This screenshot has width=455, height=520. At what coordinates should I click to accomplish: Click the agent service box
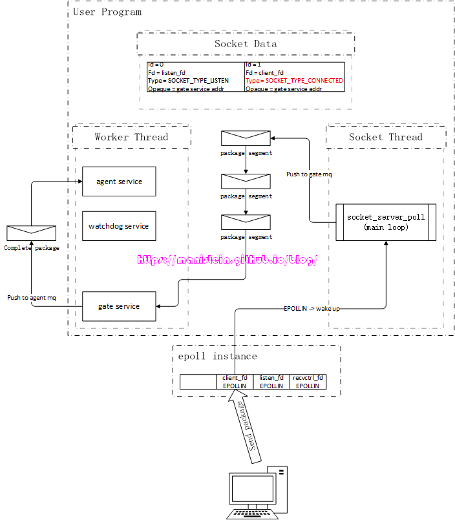(119, 182)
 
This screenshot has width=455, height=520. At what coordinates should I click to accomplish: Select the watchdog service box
(119, 226)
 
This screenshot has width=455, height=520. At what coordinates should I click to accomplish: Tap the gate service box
(119, 306)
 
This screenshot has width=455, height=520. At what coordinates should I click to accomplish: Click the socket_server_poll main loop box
(386, 222)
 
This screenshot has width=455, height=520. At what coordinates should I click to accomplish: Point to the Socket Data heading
(246, 44)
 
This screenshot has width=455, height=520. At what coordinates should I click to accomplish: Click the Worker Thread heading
(131, 137)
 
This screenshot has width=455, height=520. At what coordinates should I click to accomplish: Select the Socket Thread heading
(385, 137)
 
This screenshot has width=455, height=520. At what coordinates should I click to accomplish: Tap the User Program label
(107, 12)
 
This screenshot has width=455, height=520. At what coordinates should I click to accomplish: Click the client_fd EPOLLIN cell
(235, 382)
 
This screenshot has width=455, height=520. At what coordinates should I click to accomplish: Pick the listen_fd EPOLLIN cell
(271, 382)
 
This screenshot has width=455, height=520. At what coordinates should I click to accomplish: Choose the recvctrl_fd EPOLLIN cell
(308, 382)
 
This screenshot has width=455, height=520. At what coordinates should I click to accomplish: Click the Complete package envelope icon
(31, 233)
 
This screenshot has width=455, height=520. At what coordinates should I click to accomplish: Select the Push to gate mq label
(309, 174)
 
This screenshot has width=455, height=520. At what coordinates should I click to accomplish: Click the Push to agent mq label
(32, 298)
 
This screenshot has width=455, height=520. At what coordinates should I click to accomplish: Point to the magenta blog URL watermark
(228, 260)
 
